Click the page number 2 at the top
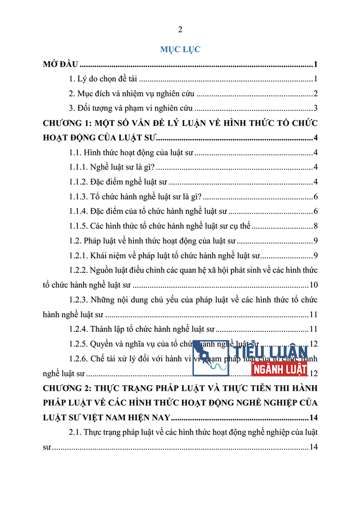180,30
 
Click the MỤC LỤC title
180,49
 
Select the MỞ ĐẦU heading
60,64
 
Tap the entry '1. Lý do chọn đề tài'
104,79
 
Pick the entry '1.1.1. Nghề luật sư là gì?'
111,167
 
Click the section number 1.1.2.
78,182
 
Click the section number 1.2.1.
78,255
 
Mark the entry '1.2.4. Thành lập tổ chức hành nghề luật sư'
142,329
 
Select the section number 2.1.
75,432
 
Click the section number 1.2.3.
78,300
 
